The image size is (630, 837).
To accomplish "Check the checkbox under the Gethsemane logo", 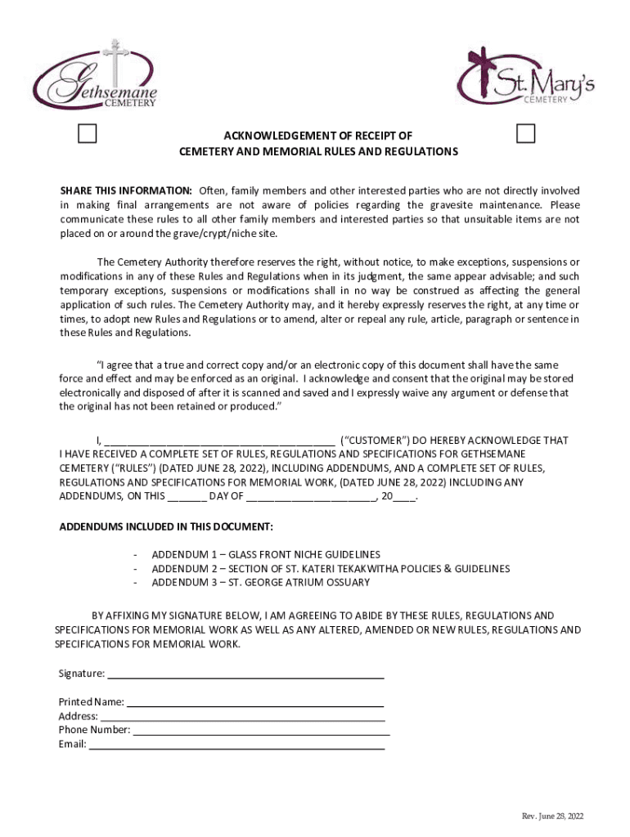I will pos(88,133).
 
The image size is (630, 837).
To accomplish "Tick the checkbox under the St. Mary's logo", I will pos(526,134).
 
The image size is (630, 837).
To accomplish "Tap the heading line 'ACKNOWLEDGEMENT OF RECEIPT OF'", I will pos(318,136).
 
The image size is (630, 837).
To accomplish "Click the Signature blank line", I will pos(245,675).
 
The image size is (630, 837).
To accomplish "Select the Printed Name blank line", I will pos(254,702).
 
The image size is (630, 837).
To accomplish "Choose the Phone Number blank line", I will pos(261,731).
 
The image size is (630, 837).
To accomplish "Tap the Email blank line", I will pos(236,745).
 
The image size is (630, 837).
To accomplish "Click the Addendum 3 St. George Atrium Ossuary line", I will pos(260,582).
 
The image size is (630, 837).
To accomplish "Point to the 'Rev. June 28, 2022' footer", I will pos(553,817).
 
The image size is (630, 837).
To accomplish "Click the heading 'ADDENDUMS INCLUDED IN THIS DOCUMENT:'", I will pos(166,526).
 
